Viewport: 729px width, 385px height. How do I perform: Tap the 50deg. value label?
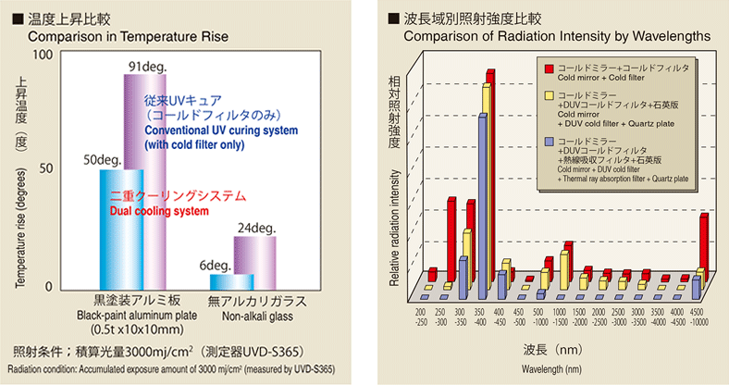[x=104, y=159]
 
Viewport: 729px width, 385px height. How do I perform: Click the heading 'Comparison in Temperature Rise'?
[x=128, y=37]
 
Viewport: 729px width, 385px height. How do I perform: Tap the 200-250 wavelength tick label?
[x=421, y=317]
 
